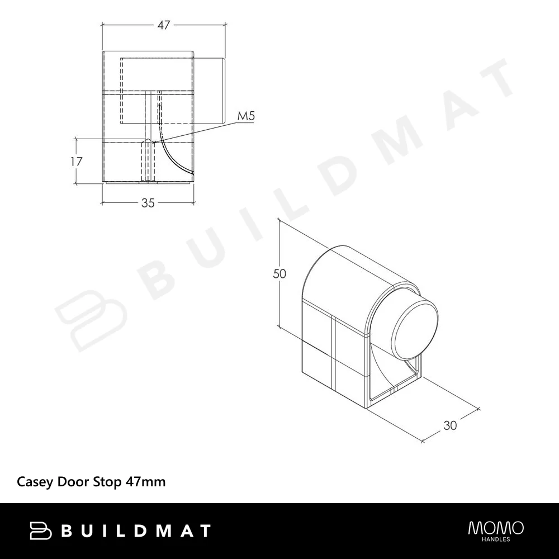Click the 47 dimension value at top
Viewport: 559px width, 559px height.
(164, 25)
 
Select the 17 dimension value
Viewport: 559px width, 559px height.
(76, 162)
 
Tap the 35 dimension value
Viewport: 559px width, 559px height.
(148, 203)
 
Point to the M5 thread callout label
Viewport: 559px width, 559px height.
(246, 116)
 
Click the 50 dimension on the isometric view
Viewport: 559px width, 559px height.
(279, 274)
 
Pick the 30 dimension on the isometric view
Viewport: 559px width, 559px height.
(450, 425)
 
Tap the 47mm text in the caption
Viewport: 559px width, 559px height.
(145, 482)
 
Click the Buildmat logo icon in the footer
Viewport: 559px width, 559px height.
(40, 530)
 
